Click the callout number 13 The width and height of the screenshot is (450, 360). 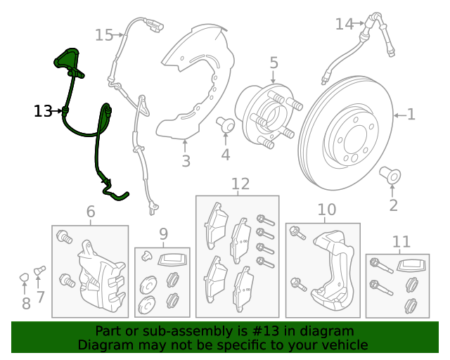(42, 111)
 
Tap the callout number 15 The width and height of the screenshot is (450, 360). (103, 35)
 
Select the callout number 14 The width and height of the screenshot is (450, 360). (344, 25)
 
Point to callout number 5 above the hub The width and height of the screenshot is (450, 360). (274, 63)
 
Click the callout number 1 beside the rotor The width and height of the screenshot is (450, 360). (411, 114)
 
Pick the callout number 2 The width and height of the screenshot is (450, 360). (393, 205)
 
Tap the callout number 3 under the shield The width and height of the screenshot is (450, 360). (186, 162)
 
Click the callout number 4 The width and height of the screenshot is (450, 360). (225, 155)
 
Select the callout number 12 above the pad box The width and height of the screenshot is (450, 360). (240, 184)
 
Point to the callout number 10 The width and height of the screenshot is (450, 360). (327, 210)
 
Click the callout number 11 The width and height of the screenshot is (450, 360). (400, 243)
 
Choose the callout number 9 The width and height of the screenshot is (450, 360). (163, 233)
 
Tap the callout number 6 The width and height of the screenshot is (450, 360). (91, 212)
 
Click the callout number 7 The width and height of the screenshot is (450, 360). (40, 297)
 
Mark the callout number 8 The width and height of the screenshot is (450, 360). (26, 304)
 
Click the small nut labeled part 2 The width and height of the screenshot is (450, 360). (390, 173)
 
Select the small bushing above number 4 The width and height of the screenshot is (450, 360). (226, 124)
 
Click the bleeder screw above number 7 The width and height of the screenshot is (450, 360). (39, 270)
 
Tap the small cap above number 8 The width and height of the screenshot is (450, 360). (24, 276)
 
